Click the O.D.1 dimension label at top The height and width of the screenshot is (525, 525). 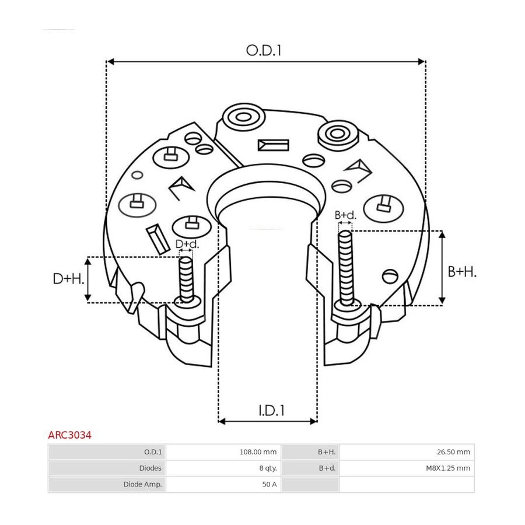click(264, 51)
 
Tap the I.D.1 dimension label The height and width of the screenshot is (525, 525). click(271, 410)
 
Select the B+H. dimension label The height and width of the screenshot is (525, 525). click(462, 272)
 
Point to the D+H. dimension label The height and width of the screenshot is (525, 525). click(68, 279)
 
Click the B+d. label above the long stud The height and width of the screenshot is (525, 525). click(345, 215)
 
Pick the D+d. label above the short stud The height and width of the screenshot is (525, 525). click(187, 244)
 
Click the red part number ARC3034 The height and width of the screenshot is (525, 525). click(69, 435)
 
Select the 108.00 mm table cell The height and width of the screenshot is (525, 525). click(258, 452)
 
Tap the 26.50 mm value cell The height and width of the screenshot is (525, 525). click(453, 452)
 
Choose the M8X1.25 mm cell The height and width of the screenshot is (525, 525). click(448, 468)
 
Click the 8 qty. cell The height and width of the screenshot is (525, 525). click(268, 468)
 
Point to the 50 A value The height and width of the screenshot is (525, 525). click(269, 484)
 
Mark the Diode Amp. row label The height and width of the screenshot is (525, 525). click(143, 484)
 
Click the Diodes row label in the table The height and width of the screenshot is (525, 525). click(150, 468)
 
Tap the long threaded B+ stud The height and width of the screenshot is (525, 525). click(346, 268)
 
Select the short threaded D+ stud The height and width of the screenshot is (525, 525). click(186, 280)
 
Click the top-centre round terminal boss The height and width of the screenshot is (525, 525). click(244, 117)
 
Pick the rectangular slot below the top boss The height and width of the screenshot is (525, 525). click(273, 145)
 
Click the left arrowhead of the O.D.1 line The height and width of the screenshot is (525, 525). click(110, 62)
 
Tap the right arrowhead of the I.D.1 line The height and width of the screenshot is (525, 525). click(313, 421)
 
